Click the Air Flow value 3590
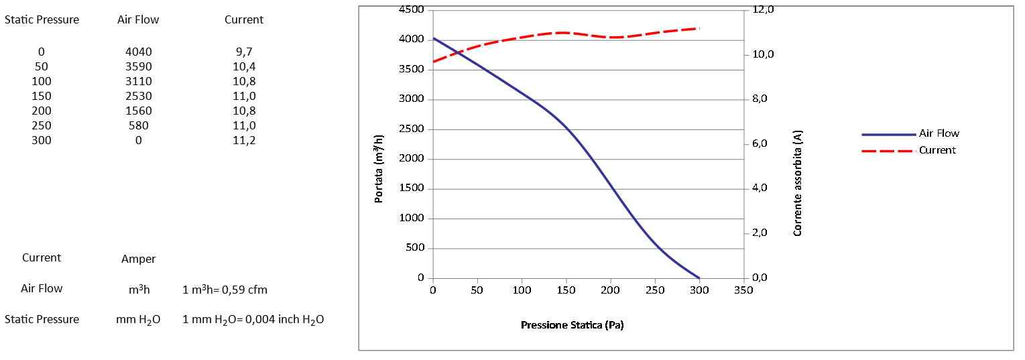coord(138,66)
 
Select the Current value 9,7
coord(244,52)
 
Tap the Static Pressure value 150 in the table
coord(42,96)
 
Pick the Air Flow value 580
coord(138,125)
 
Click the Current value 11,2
coord(244,140)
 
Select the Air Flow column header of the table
coord(138,19)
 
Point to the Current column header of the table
coord(244,19)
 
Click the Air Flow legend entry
coord(939,133)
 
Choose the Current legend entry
coord(937,150)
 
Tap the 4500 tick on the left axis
coord(412,9)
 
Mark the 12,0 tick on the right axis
coord(763,9)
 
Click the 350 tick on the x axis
coord(743,290)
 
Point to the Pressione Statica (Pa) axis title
coord(572,325)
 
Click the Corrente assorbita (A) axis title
coord(798,183)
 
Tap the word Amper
coord(138,259)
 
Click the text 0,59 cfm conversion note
coord(225,290)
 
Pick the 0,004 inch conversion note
coord(253,320)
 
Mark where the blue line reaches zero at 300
coord(699,278)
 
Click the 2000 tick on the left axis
coord(412,159)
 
